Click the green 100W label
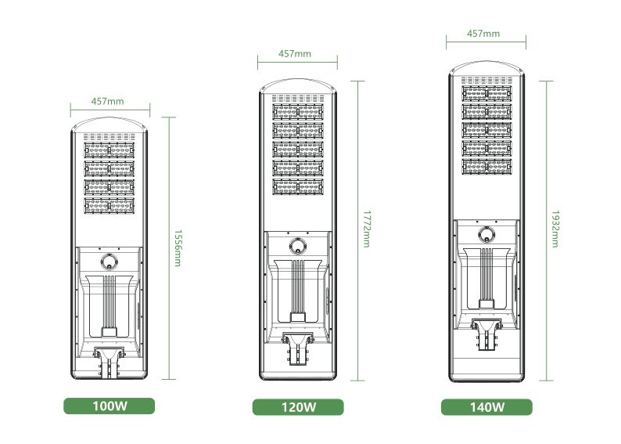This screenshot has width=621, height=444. (x=109, y=406)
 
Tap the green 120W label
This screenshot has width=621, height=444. (x=298, y=407)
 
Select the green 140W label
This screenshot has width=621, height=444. (x=486, y=407)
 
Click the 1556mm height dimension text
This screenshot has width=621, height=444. (x=178, y=248)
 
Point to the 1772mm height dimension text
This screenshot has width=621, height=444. (x=367, y=229)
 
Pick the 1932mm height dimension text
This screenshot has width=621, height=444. (x=555, y=229)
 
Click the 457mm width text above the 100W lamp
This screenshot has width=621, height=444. (x=107, y=102)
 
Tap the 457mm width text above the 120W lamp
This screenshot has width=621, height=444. (x=295, y=54)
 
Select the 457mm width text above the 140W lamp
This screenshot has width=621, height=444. (x=483, y=34)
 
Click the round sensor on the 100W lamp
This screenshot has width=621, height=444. (x=109, y=262)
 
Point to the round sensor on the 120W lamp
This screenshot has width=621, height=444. (x=298, y=246)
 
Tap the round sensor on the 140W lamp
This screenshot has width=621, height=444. (x=486, y=234)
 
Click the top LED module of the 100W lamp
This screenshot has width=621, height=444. (x=109, y=150)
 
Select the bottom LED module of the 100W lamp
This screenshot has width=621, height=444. (x=109, y=206)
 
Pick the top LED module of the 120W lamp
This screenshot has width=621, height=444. (x=298, y=112)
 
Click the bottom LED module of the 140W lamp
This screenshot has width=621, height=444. (x=486, y=167)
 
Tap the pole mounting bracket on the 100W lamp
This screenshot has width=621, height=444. (x=109, y=362)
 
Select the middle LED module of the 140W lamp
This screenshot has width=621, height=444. (x=486, y=130)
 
